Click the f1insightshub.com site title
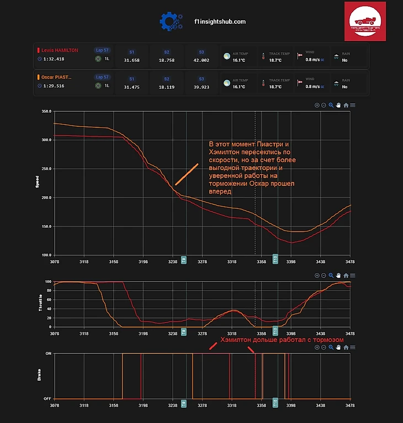pos(220,22)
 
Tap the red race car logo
pos(364,21)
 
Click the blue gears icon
pos(169,21)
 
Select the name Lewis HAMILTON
pos(60,50)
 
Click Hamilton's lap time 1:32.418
pos(54,59)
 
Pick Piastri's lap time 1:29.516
pos(54,86)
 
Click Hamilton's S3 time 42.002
pos(201,60)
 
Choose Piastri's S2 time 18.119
pos(166,87)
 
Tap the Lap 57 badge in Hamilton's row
pos(102,50)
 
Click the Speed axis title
pos(38,183)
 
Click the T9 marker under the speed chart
pos(184,258)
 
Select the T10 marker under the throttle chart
pos(275,331)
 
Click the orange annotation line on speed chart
pos(187,174)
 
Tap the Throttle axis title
pos(40,304)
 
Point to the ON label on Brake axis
pos(48,353)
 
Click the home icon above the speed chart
pos(346,105)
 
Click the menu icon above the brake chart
pos(352,347)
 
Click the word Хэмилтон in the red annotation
pos(236,340)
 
